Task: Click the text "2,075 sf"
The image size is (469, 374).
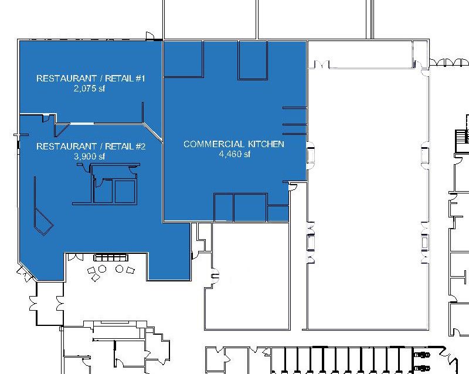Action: point(89,89)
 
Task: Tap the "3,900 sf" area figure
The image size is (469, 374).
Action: point(89,156)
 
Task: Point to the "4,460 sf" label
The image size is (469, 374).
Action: point(235,154)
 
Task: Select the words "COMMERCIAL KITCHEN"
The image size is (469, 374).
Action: point(233,144)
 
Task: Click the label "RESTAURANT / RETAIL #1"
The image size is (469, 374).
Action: point(91,79)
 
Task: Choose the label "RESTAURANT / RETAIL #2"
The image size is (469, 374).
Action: point(91,147)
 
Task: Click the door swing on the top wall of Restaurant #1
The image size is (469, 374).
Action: point(149,36)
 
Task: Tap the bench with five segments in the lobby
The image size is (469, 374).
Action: point(111,257)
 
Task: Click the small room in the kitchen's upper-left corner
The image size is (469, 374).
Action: point(183,59)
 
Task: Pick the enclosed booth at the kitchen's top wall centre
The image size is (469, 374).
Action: point(253,60)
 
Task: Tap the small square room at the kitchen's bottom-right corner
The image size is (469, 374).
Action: point(278,213)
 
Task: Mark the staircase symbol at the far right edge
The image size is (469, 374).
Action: point(462,137)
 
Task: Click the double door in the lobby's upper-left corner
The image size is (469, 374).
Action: point(75,257)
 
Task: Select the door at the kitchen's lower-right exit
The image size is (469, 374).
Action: point(293,187)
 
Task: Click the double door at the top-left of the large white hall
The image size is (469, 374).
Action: point(321,64)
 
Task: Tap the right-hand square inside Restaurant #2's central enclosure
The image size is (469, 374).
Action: point(125,192)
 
